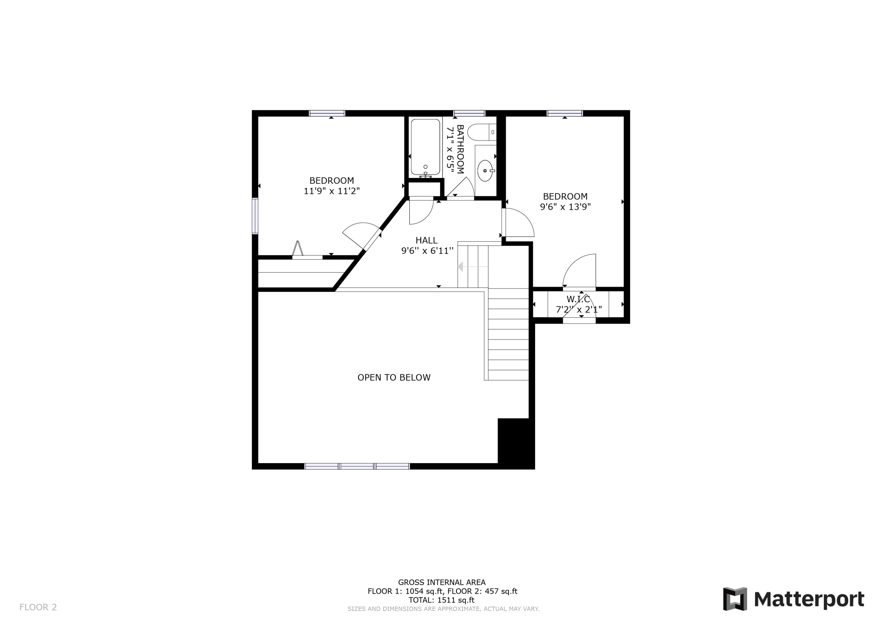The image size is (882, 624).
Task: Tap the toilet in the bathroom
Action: pyautogui.click(x=480, y=132)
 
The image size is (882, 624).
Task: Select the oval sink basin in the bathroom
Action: pyautogui.click(x=485, y=171)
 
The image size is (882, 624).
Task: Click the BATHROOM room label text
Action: pyautogui.click(x=460, y=149)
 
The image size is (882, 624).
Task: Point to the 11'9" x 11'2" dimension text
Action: pyautogui.click(x=332, y=191)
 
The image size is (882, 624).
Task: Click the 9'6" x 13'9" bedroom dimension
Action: pyautogui.click(x=565, y=207)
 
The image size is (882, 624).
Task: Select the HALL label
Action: pyautogui.click(x=426, y=240)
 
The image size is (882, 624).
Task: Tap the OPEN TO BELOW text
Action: pyautogui.click(x=394, y=377)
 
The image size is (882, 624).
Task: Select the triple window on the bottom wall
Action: pyautogui.click(x=357, y=466)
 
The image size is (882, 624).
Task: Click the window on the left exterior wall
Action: pyautogui.click(x=255, y=216)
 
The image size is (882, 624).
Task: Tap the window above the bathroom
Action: pyautogui.click(x=469, y=113)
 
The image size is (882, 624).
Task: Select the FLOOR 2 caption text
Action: pyautogui.click(x=38, y=607)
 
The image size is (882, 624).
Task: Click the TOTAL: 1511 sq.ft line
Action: pyautogui.click(x=441, y=600)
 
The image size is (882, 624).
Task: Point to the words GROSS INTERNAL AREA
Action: pyautogui.click(x=441, y=583)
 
